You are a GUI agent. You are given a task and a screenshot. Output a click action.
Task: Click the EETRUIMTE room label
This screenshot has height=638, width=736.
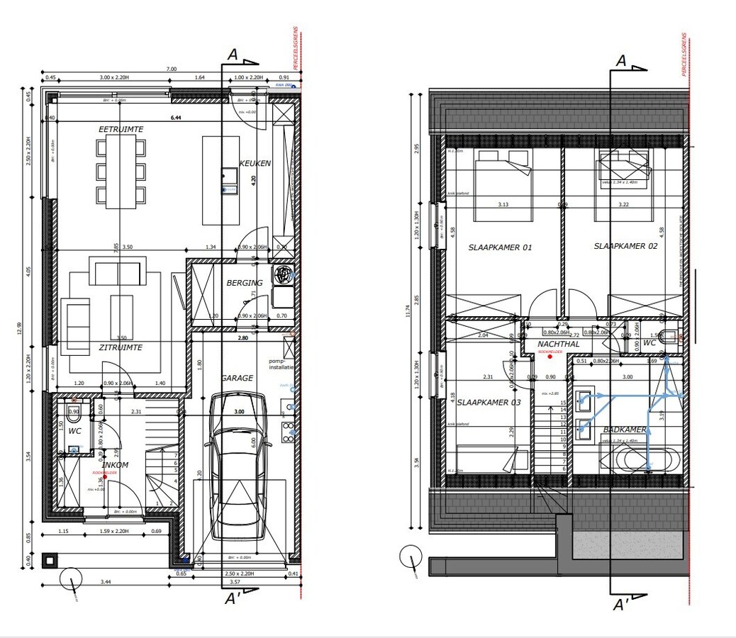tap(121, 130)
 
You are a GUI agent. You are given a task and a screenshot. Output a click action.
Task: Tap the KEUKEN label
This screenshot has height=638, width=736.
tap(255, 163)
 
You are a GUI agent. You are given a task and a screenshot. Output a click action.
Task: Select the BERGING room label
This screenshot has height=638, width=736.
tap(245, 283)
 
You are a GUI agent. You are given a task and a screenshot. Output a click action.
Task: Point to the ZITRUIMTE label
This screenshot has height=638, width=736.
tap(121, 347)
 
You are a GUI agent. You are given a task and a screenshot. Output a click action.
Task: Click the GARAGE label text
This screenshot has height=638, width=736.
tap(237, 378)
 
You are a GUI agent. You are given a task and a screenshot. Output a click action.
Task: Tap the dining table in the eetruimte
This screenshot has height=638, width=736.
tap(121, 172)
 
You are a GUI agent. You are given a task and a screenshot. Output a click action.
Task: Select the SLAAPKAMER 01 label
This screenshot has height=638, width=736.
tap(500, 247)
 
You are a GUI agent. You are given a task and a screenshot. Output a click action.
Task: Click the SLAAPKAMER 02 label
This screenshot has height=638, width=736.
tap(625, 246)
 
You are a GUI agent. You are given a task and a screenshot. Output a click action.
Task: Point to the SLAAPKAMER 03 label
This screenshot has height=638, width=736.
tap(489, 402)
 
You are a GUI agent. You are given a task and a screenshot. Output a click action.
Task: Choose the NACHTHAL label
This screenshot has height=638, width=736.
tap(559, 344)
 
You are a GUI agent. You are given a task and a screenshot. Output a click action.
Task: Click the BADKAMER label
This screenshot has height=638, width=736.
tap(625, 430)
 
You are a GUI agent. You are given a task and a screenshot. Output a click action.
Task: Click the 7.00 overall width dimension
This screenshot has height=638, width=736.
tap(171, 69)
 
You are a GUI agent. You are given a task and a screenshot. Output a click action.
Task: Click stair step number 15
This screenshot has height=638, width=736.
tap(563, 403)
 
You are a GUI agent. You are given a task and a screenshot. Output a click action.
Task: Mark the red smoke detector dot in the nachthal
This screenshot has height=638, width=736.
tap(550, 358)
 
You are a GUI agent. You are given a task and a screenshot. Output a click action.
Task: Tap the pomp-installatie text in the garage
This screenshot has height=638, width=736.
tap(281, 364)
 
